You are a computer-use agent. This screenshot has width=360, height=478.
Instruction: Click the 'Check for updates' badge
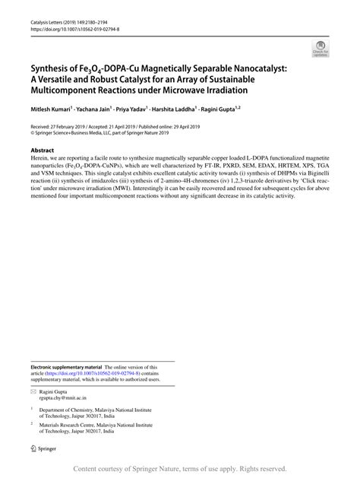click(320, 50)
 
